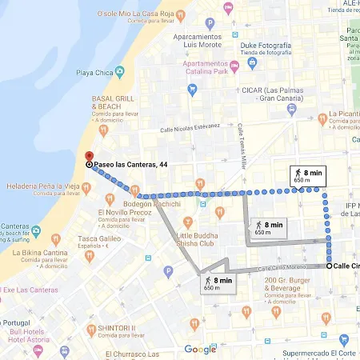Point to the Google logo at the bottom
click(199, 349)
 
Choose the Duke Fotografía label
click(266, 46)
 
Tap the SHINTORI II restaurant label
click(117, 328)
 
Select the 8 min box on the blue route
click(307, 175)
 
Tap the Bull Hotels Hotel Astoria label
click(30, 336)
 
